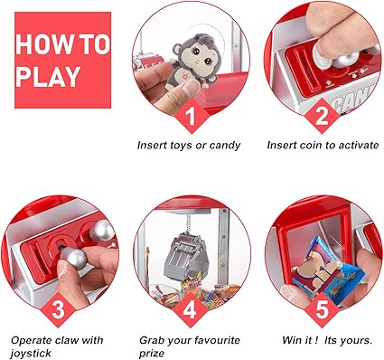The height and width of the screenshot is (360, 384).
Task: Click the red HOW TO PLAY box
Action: (62, 60)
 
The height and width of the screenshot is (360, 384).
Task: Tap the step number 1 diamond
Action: (190, 116)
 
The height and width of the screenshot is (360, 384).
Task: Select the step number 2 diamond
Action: (322, 116)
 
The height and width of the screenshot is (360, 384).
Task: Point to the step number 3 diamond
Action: (58, 310)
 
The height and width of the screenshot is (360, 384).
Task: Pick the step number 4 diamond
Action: (190, 310)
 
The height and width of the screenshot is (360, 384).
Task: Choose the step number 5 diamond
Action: (322, 310)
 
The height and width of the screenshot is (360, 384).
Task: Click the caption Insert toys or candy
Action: (189, 146)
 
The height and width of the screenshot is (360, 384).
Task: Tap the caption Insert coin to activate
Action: (323, 145)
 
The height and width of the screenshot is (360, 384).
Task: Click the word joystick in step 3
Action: (31, 353)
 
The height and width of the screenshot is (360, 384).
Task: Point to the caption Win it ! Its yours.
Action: (327, 340)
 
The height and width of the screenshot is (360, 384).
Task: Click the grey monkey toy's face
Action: (200, 58)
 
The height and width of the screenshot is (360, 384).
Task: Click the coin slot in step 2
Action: (304, 68)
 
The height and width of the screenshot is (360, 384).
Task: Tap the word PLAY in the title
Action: (49, 77)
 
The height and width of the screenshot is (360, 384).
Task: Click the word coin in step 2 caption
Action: (311, 145)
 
